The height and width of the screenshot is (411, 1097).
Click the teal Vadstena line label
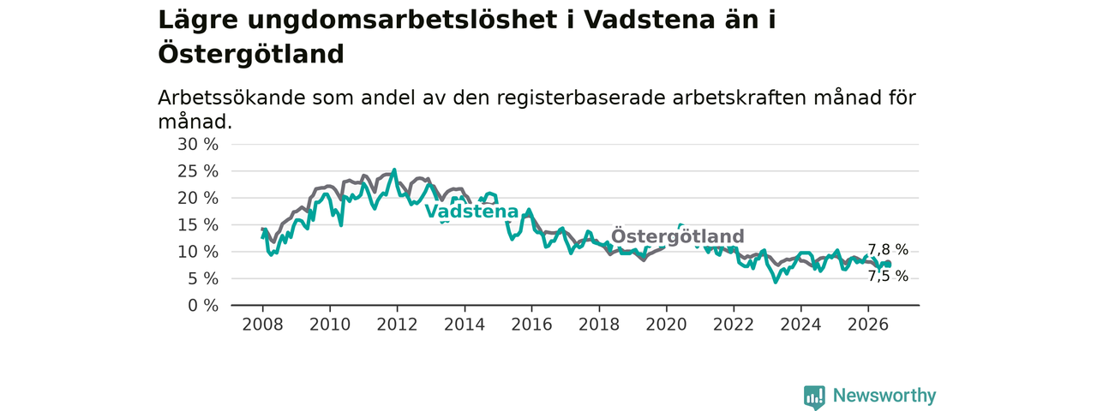point(471,211)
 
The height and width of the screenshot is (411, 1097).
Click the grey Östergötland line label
point(677,236)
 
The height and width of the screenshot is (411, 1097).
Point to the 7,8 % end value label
point(888,250)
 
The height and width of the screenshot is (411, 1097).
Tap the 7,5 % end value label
point(888,277)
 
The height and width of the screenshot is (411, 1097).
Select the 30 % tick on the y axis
point(198,145)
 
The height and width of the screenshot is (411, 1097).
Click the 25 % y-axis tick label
point(198,171)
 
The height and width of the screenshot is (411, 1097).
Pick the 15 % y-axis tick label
point(198,225)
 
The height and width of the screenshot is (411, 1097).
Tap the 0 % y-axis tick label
point(203,306)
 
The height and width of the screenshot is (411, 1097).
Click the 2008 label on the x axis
point(262,325)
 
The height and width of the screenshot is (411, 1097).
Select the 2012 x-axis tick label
point(397,325)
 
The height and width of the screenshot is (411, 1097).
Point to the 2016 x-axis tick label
point(532,325)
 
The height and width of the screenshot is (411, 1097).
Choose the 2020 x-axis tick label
point(666,325)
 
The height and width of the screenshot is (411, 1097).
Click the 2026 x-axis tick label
point(868,325)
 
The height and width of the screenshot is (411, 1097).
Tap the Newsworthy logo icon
point(814,396)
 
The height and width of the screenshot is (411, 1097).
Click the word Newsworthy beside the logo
point(884,396)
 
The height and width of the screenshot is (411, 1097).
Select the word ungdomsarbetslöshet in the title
point(402,21)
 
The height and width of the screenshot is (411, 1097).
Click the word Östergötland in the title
point(251,54)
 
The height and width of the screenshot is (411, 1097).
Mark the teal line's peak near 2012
point(395,170)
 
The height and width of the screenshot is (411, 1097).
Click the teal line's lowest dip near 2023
point(776,282)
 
